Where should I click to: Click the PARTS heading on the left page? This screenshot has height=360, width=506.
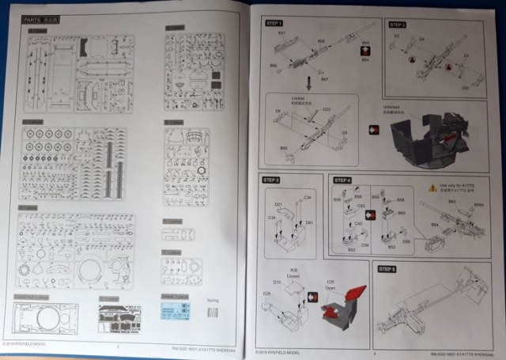coord(38,25)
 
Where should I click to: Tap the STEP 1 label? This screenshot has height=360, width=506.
coord(274,25)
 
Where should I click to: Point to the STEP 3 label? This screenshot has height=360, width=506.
coord(274,181)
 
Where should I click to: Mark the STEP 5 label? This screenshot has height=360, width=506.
coord(390,269)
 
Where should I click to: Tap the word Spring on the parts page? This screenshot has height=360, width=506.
coord(213,301)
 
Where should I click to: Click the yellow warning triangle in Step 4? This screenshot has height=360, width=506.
coord(432,187)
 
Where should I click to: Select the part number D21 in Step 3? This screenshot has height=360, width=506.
coord(278,205)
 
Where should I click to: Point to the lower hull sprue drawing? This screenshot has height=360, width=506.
coord(46,318)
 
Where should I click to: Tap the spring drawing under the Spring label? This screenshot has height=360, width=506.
coord(213,312)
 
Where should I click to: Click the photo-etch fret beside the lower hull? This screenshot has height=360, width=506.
coord(119,319)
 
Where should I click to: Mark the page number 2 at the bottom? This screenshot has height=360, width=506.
coord(118,346)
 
